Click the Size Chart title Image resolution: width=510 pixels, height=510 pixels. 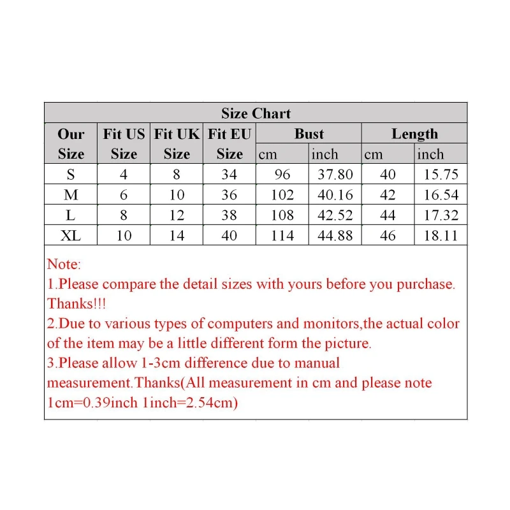coord(256,113)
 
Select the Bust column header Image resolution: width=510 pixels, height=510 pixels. coord(309,134)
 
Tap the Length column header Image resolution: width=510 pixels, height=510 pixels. coord(414,134)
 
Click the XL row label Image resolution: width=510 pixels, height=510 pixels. coord(71,236)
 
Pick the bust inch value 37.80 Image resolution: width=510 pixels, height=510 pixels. coord(335,175)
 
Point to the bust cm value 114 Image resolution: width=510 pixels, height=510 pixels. coord(282,236)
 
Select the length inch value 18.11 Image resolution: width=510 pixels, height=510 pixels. coord(441,236)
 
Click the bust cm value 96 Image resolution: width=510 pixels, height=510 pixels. coord(282,175)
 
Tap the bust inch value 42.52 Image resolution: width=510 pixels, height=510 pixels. coord(335,215)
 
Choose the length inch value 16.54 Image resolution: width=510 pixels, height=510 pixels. coord(441,195)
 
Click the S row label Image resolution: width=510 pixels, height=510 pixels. coord(71,175)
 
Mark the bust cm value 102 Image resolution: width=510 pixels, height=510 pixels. coord(282,195)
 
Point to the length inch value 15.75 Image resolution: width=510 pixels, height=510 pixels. coord(441,175)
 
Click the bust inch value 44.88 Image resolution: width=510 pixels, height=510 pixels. coord(335,236)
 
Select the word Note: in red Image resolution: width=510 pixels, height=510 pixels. coord(64,264)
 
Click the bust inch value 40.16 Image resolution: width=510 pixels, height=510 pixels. coord(335,195)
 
